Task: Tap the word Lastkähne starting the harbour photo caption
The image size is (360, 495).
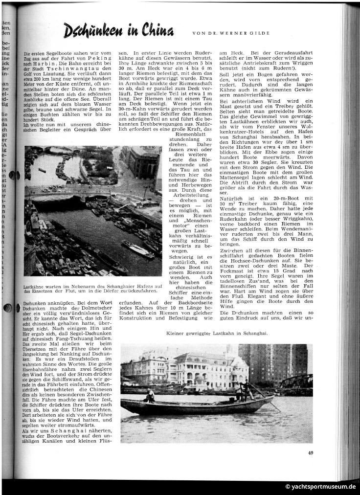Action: pos(36,286)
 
